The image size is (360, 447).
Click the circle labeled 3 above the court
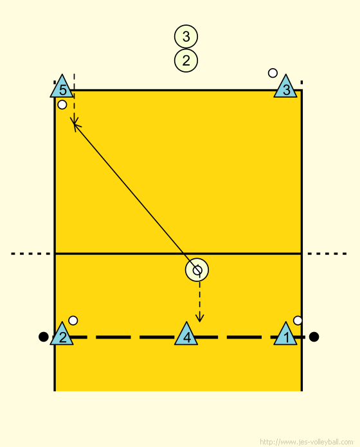pos(186,37)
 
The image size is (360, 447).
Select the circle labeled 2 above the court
pos(186,60)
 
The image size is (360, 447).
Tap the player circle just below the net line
pos(197,270)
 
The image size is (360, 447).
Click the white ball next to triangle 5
pos(62,105)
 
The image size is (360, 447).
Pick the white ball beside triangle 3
pos(273,73)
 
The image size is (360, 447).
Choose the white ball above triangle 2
pos(73,320)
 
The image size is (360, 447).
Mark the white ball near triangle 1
pos(298,320)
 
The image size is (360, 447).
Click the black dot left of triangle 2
pos(43,337)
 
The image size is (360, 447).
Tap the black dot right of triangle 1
pos(314,337)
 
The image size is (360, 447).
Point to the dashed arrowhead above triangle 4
pos(199,319)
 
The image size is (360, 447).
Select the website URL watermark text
pos(307,442)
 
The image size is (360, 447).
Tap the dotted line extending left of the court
pos(30,254)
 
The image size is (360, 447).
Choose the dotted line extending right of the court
pos(327,254)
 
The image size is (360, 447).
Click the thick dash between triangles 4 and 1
pos(244,337)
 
